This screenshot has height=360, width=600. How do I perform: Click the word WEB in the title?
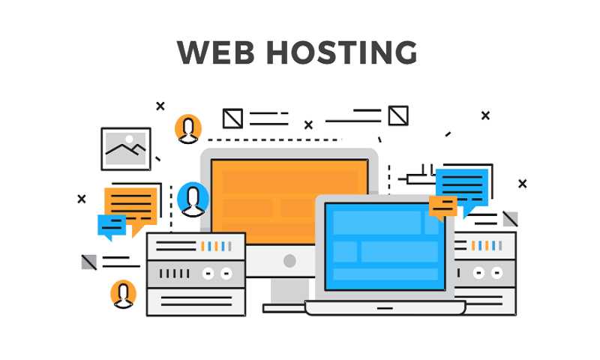click(x=215, y=52)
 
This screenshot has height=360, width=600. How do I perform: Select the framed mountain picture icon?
click(x=126, y=148)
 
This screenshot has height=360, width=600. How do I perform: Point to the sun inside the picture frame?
click(x=129, y=139)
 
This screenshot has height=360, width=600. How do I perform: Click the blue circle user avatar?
click(x=193, y=199)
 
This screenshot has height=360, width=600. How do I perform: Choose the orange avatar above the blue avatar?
click(x=188, y=129)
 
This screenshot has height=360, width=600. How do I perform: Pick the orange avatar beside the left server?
click(x=123, y=294)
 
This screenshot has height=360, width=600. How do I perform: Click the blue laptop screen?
click(x=385, y=247)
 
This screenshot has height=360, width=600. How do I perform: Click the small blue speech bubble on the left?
click(x=111, y=226)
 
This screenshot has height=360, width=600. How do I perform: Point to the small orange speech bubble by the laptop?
click(x=442, y=208)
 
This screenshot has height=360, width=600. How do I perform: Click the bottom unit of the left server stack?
click(x=196, y=301)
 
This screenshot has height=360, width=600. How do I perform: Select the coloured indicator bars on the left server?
click(x=216, y=246)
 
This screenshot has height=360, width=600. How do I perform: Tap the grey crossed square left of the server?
click(x=89, y=262)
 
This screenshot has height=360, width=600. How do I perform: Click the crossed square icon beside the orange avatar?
click(x=232, y=118)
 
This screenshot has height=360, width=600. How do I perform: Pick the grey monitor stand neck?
click(x=289, y=291)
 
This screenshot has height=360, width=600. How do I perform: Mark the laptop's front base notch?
click(x=385, y=308)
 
